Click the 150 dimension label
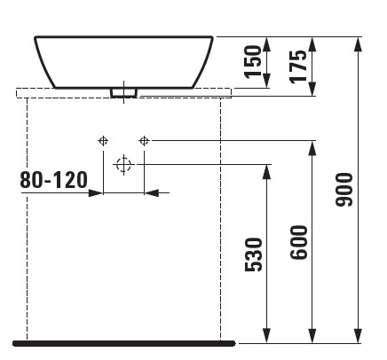[254, 62]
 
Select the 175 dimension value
[298, 67]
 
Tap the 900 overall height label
[344, 190]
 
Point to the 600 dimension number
[299, 242]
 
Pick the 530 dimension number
[254, 254]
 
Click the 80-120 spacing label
[54, 180]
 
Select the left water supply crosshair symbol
[103, 141]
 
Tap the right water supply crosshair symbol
[144, 141]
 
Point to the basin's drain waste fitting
[123, 92]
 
